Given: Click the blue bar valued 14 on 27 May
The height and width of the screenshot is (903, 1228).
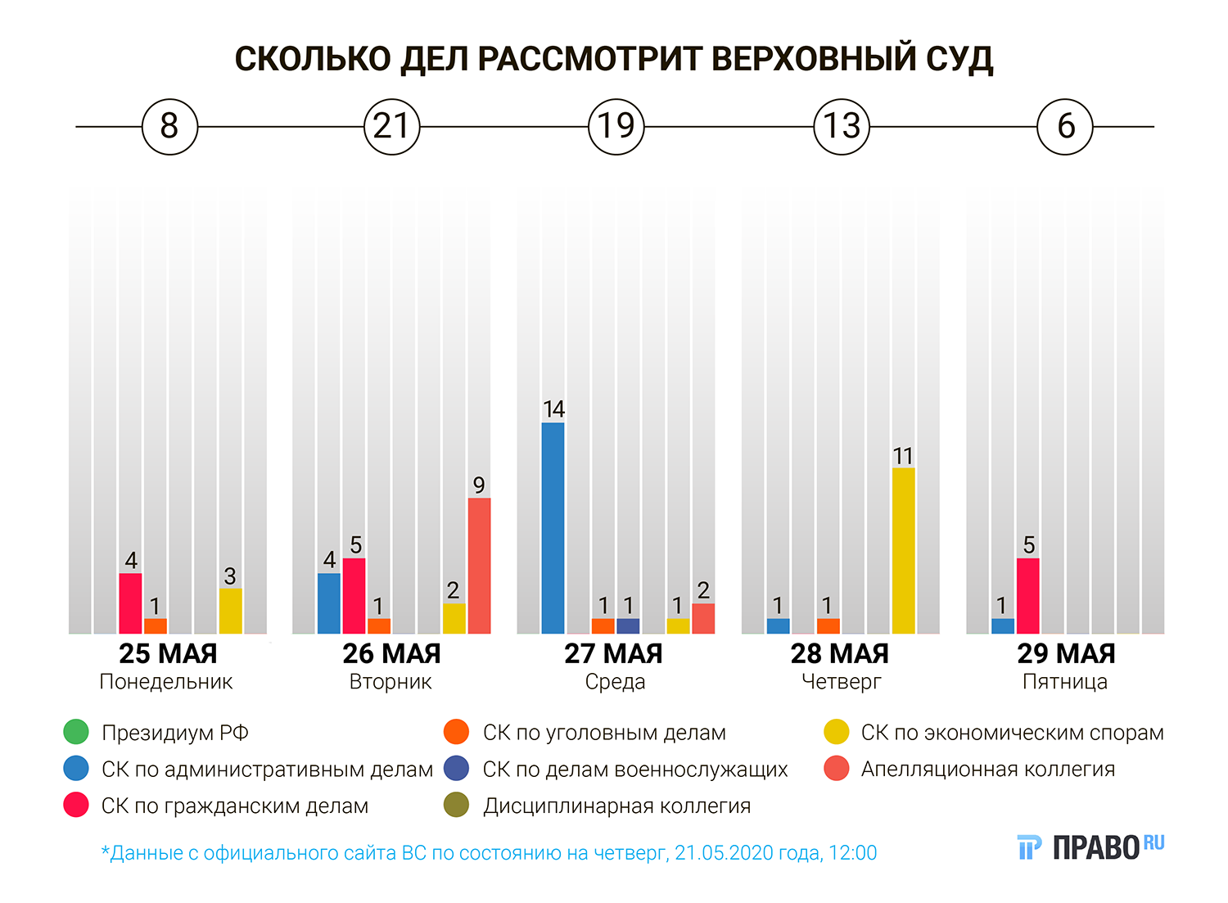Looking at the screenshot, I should (x=553, y=528).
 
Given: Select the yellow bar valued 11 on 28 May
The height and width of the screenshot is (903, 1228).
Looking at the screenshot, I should (x=903, y=550).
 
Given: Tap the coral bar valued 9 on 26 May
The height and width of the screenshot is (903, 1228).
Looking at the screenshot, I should (x=479, y=565).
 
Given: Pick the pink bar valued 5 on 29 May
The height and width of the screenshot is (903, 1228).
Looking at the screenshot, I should (x=1028, y=595).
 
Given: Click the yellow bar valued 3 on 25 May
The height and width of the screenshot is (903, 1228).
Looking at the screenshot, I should (x=230, y=611).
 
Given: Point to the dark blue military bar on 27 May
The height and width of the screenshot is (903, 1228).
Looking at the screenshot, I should (x=628, y=625).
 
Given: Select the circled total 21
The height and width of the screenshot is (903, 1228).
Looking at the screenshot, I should (x=391, y=127).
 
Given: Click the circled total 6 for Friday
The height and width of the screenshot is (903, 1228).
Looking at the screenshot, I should (x=1065, y=127).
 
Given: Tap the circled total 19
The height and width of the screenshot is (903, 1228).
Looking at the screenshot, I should (x=616, y=127).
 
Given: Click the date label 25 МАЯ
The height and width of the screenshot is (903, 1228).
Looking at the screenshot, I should (x=168, y=654).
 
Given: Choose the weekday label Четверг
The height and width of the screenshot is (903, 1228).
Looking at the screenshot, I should (x=841, y=682).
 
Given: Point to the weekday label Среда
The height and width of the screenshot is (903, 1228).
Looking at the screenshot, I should (x=615, y=682).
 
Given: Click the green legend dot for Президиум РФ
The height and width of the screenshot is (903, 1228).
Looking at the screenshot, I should (x=76, y=732).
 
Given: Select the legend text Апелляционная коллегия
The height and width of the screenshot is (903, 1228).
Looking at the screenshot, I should (x=987, y=770).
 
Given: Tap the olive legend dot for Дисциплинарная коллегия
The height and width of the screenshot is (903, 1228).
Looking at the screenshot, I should (x=456, y=806).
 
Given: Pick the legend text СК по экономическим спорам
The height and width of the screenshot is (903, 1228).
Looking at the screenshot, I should (x=1012, y=733).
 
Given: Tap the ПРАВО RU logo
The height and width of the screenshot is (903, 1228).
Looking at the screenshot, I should (x=1090, y=847).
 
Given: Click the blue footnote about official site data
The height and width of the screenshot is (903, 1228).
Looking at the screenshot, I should (x=489, y=853).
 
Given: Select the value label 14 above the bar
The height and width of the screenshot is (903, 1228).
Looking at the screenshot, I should (x=553, y=409).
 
